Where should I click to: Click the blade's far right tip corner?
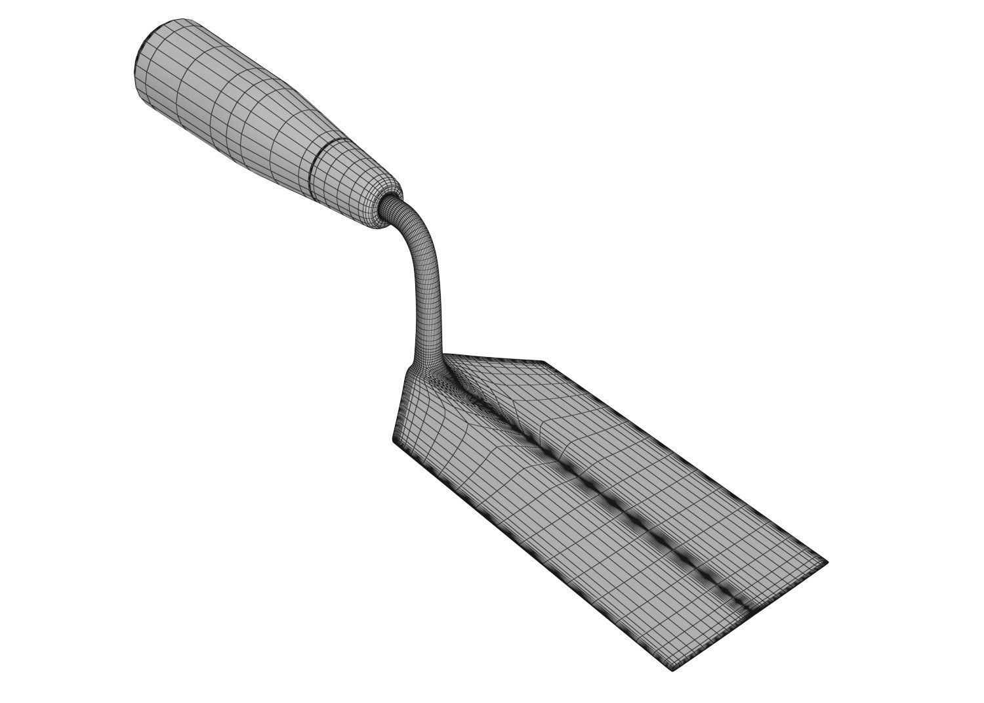pyautogui.click(x=827, y=563)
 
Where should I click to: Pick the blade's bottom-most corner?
pyautogui.click(x=672, y=670)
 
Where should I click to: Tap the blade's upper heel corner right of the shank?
pyautogui.click(x=544, y=362)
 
